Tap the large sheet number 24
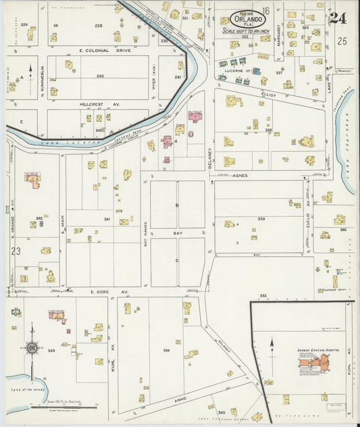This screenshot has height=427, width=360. point(338,18)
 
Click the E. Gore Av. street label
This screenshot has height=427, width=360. point(100,292)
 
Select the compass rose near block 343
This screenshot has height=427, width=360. point(31,348)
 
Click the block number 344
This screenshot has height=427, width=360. point(166,351)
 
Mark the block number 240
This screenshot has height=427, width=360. point(100,76)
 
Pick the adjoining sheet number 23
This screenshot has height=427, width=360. point(16,251)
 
